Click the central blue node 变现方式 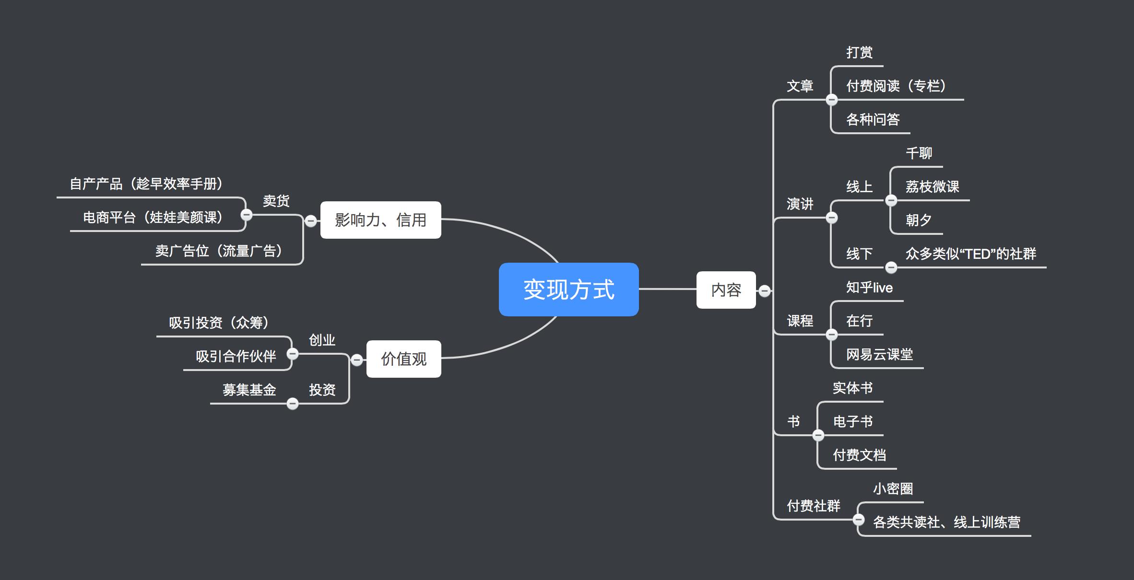[568, 290]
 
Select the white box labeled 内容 [726, 290]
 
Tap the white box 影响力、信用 [380, 220]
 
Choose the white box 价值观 [403, 359]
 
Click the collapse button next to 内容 [765, 290]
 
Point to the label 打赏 [859, 53]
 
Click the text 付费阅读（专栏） [896, 86]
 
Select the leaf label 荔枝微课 [932, 187]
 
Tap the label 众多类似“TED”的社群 [970, 254]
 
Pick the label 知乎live [869, 288]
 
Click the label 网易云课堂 [879, 355]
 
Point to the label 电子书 [852, 422]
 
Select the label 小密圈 [893, 489]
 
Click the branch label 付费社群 [814, 506]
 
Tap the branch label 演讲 [800, 204]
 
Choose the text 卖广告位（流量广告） [219, 251]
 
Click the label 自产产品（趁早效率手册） [146, 184]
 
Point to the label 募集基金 [249, 390]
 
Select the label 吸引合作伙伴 [236, 357]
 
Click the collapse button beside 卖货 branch [246, 215]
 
